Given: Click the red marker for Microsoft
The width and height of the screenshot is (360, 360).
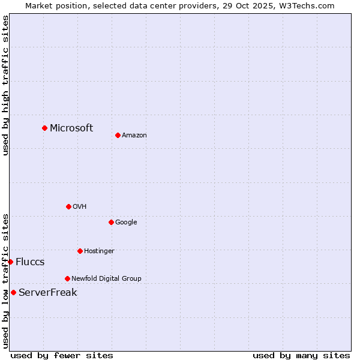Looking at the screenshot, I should click(44, 128).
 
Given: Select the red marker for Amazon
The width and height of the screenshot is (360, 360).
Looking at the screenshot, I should click(118, 135).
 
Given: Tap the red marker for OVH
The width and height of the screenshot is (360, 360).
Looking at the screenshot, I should click(68, 206).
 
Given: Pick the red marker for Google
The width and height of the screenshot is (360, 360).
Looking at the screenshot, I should click(111, 222).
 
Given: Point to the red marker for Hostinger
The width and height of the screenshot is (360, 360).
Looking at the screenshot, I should click(80, 251).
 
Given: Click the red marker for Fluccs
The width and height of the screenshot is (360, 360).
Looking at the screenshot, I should click(10, 262).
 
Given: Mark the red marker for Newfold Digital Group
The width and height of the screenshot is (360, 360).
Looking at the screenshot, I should click(67, 278).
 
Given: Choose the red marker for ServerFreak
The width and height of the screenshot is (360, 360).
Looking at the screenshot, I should click(13, 292).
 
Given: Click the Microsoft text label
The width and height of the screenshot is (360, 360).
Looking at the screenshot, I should click(71, 128).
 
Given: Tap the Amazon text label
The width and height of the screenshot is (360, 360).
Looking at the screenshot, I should click(134, 135).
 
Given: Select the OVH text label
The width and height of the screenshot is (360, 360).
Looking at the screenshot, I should click(80, 206).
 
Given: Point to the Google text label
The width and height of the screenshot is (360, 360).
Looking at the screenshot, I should click(126, 222).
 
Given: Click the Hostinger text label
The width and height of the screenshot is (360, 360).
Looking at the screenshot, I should click(99, 251).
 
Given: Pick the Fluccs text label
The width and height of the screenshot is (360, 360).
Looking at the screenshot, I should click(30, 262).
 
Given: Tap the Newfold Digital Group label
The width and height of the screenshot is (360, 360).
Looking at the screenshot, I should click(106, 278).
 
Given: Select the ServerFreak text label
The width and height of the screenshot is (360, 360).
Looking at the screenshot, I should click(48, 292).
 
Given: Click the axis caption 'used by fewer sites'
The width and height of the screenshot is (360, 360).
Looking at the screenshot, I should click(62, 355).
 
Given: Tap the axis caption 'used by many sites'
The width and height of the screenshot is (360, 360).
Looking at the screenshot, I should click(301, 355).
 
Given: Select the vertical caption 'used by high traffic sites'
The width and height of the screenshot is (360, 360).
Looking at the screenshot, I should click(5, 85).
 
